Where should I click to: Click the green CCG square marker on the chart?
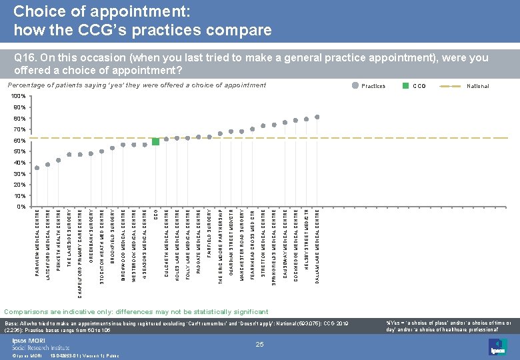tap(155, 141)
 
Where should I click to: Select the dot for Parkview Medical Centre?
tap(37, 168)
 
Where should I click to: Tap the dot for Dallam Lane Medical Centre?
tap(317, 117)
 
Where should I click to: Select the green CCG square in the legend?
tap(405, 86)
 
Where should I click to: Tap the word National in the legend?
tap(477, 86)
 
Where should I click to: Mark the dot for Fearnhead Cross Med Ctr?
tap(253, 129)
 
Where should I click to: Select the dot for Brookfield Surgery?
tap(113, 148)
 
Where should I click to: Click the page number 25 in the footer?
tap(260, 344)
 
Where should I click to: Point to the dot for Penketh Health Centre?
tap(59, 160)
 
